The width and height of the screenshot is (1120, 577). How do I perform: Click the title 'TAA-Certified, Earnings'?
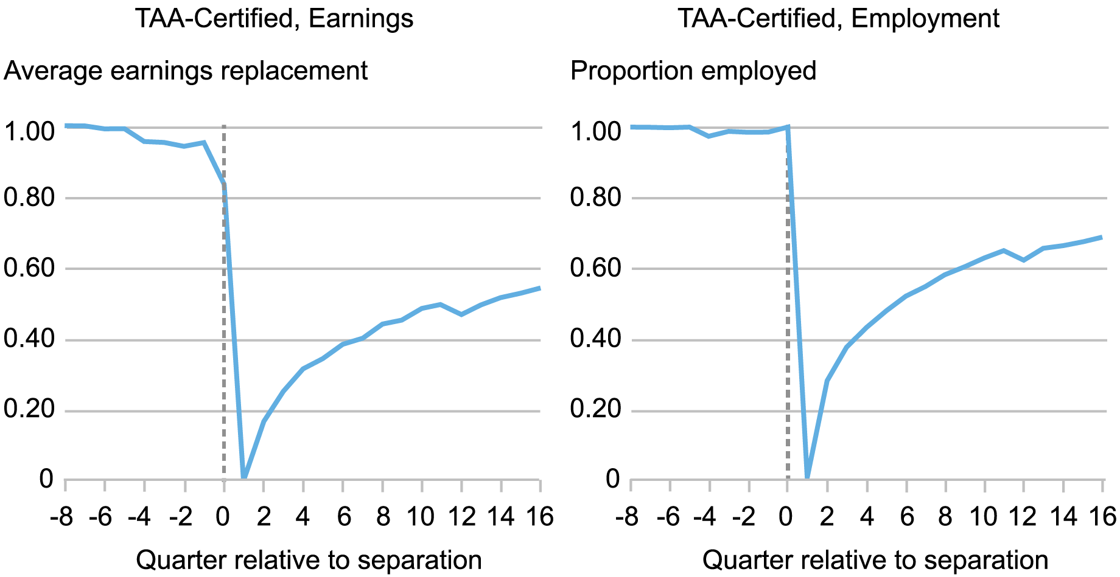point(274,18)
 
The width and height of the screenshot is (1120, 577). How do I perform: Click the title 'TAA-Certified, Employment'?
point(838,18)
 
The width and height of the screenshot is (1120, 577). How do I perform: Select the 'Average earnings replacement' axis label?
point(186,71)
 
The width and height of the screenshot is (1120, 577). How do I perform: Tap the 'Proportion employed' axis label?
point(693,71)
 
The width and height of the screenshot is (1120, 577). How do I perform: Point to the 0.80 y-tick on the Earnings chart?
point(29,198)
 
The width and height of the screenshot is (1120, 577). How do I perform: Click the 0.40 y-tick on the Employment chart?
point(595,339)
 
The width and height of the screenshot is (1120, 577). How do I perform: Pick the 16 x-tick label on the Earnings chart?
point(539,517)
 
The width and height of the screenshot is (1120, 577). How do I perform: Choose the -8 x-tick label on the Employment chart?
point(627,517)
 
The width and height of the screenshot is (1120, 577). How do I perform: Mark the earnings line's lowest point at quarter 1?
point(244,478)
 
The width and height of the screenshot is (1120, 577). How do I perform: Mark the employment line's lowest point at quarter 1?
point(808,478)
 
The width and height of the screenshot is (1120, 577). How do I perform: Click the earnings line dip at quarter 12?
point(461,314)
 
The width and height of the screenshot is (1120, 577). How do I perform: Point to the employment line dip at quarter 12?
point(1024,260)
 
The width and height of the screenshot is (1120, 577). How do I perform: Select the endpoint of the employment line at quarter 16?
point(1102,237)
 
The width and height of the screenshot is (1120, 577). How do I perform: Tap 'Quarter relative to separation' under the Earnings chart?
point(309,560)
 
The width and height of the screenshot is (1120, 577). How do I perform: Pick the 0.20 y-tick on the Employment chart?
point(595,410)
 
